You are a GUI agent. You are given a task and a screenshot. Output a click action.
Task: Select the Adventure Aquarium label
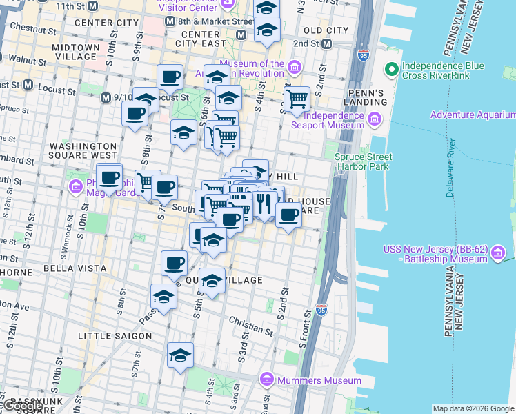click(472, 115)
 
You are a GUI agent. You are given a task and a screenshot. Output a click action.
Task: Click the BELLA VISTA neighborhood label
click(75, 268)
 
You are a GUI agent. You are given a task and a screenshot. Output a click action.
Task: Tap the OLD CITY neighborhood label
click(326, 30)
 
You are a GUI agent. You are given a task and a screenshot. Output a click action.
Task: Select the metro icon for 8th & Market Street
click(170, 21)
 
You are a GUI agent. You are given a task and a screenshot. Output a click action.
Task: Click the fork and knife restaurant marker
click(264, 202)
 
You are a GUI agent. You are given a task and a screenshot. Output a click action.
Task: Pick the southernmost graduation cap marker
click(180, 355)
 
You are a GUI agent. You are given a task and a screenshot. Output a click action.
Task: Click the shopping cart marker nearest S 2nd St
click(297, 99)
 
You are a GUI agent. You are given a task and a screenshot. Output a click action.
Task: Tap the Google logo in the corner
click(23, 406)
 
